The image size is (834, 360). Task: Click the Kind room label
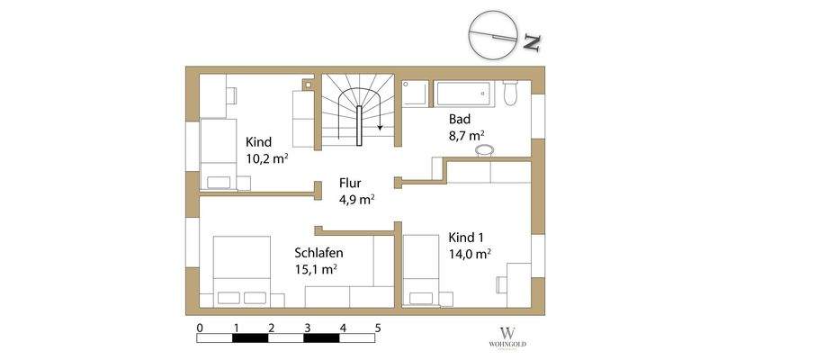coord(258,141)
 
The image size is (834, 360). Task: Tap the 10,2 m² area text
coord(267,158)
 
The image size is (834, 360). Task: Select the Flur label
coord(351,182)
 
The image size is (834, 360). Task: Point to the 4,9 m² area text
coord(357,200)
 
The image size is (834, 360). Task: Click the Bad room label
coord(459,119)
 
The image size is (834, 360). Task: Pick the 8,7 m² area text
coord(467,136)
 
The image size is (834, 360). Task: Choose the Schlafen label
coord(318,252)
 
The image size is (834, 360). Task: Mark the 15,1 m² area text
coord(316,269)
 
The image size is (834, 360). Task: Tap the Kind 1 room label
coord(466,238)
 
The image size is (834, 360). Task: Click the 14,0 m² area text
coord(470,255)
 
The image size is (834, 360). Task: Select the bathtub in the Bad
coord(463,93)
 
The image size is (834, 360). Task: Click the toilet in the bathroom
coord(511,92)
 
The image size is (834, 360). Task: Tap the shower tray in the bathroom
coord(416,94)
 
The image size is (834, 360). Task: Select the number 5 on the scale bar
coord(378,327)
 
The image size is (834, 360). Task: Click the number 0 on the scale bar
coord(199,327)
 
